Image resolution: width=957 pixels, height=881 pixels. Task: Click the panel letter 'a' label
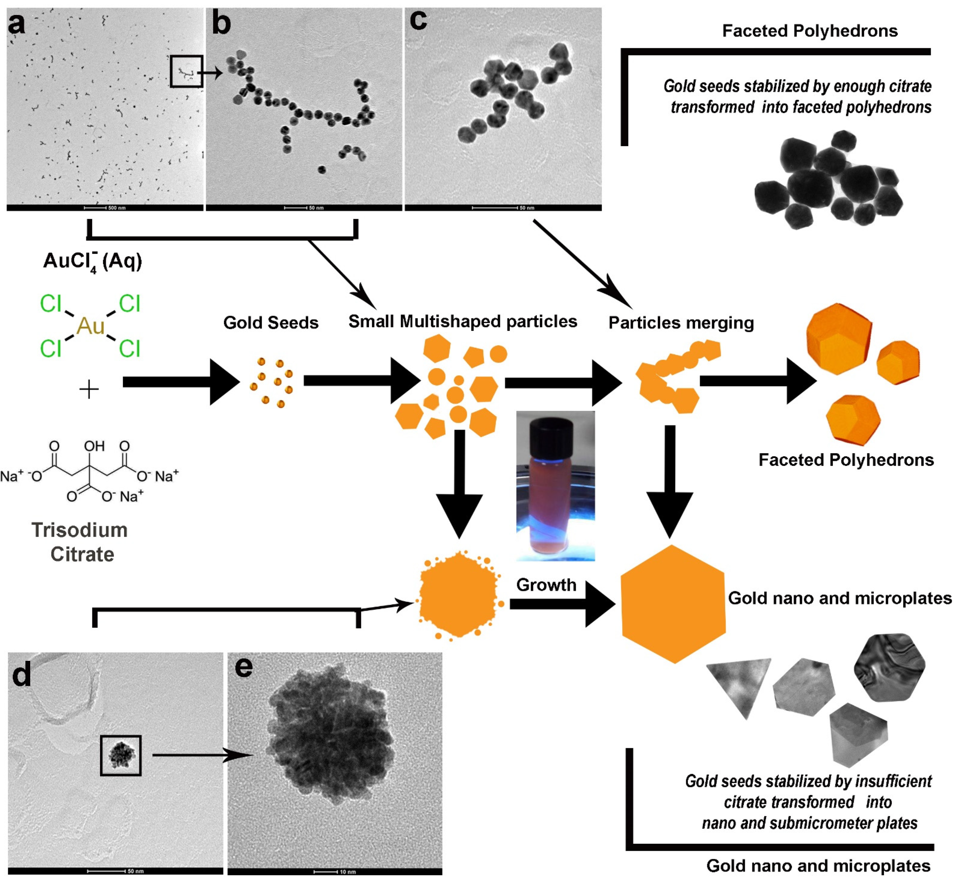click(16, 24)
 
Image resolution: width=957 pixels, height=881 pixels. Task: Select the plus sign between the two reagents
click(89, 390)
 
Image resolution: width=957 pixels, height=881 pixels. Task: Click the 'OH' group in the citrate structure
click(94, 446)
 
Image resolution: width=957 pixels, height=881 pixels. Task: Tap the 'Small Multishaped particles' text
click(462, 321)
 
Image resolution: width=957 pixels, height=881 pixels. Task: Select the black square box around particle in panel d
click(121, 755)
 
